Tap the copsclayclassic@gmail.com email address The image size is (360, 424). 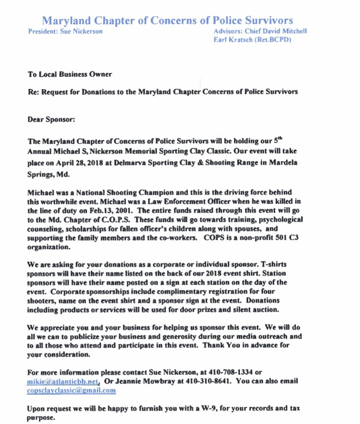(x=71, y=390)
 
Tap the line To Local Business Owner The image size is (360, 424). (x=69, y=74)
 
